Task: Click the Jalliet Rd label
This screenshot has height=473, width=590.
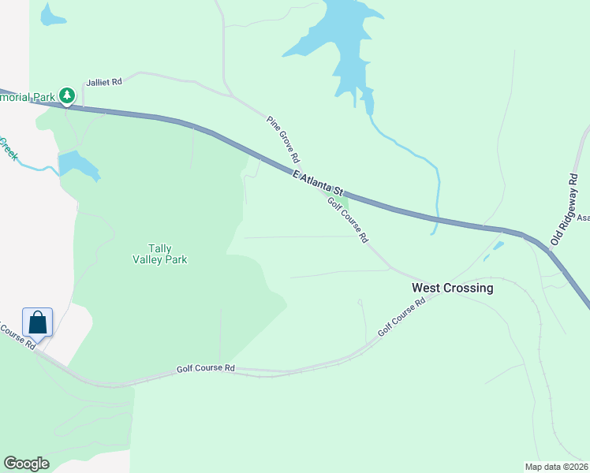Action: (x=105, y=82)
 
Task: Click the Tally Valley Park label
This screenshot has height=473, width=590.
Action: (x=160, y=253)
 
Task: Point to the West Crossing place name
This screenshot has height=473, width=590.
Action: (x=452, y=288)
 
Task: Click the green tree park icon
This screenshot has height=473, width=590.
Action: (x=67, y=96)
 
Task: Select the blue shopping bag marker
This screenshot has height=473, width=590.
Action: (x=38, y=322)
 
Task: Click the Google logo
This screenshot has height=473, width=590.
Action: (x=25, y=463)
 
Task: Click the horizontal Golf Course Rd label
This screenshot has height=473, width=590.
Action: (x=206, y=368)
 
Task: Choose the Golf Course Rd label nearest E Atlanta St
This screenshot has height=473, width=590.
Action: (x=349, y=219)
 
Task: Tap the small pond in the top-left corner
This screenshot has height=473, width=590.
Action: (x=52, y=15)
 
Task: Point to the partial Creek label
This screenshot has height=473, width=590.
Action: (x=8, y=147)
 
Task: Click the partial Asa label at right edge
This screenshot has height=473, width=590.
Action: (x=583, y=218)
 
